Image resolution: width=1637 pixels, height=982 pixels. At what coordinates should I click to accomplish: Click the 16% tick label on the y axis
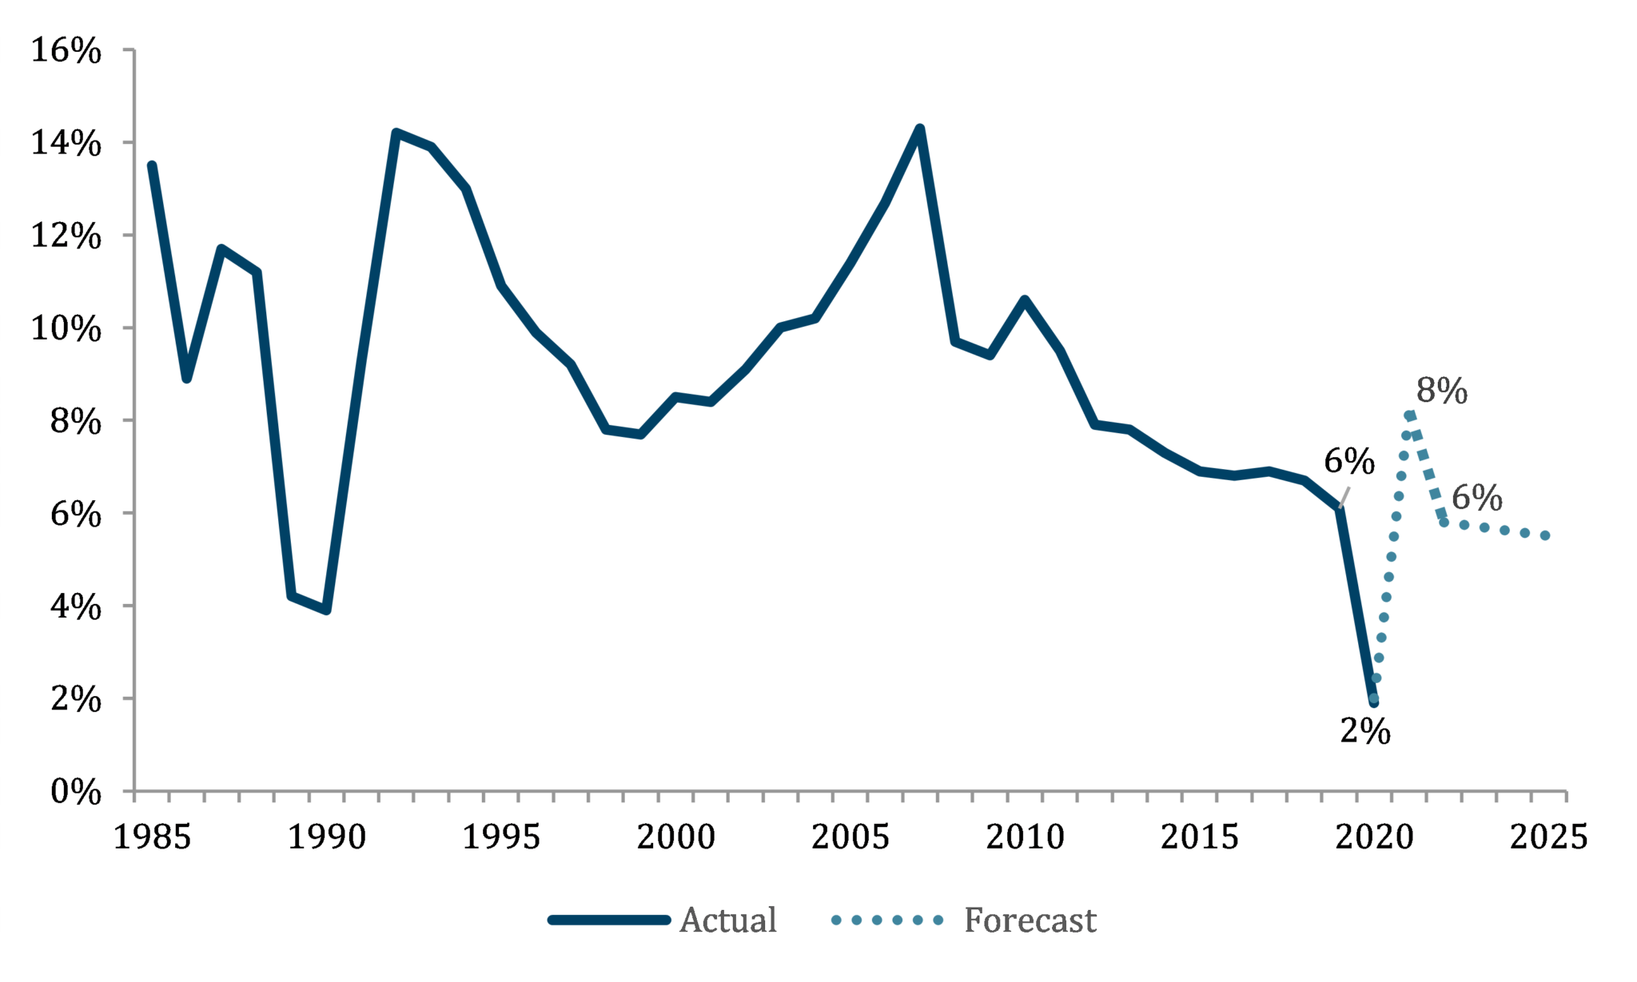point(66,51)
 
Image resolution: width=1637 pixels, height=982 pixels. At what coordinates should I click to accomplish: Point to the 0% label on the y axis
point(76,793)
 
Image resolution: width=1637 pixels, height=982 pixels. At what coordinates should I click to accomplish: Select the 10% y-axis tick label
point(66,328)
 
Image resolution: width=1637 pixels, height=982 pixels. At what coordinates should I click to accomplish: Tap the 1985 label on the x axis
point(152,837)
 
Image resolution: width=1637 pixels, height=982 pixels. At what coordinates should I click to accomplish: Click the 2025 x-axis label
point(1548,837)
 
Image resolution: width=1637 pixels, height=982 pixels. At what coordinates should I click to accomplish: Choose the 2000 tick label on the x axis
point(675,837)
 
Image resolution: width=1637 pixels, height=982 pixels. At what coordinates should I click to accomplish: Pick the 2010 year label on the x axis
point(1025,837)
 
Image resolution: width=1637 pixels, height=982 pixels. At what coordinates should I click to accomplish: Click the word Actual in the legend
point(727,920)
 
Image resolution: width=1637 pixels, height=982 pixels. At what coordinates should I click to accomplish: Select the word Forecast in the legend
point(1030,920)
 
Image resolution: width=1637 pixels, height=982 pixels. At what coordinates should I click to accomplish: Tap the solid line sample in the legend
point(608,920)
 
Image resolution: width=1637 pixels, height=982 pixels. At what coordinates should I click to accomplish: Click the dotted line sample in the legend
point(886,920)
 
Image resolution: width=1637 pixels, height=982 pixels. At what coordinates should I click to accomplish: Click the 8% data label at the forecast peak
point(1441,392)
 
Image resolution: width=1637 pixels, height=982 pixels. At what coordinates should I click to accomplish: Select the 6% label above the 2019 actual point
point(1349,462)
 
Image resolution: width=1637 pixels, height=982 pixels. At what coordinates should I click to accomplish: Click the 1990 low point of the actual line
point(326,610)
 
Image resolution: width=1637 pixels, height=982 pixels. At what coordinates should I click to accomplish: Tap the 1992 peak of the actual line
point(396,133)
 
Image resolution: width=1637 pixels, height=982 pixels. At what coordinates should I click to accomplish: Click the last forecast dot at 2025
point(1545,535)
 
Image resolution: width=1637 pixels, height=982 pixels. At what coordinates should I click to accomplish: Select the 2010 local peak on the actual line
point(1025,300)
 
